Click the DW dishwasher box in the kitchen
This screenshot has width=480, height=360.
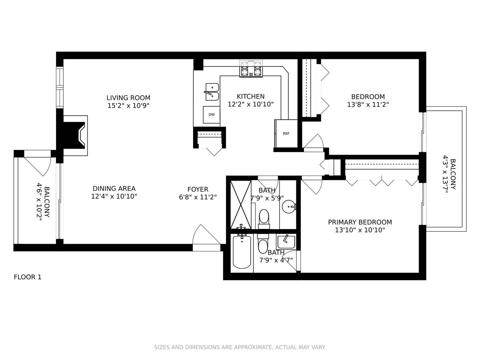212,115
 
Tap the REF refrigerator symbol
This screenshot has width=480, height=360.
286,133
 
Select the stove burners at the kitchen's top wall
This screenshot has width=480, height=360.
251,69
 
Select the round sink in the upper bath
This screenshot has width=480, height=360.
288,207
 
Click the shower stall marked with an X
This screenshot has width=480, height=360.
241,204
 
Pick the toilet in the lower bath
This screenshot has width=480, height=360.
263,245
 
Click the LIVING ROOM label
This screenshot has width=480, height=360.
128,98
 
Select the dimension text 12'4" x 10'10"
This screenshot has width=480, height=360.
114,196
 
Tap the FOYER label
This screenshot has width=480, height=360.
198,189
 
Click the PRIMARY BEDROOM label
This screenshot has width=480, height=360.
360,222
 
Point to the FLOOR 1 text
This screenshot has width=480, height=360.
28,277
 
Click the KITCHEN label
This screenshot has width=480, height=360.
251,96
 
